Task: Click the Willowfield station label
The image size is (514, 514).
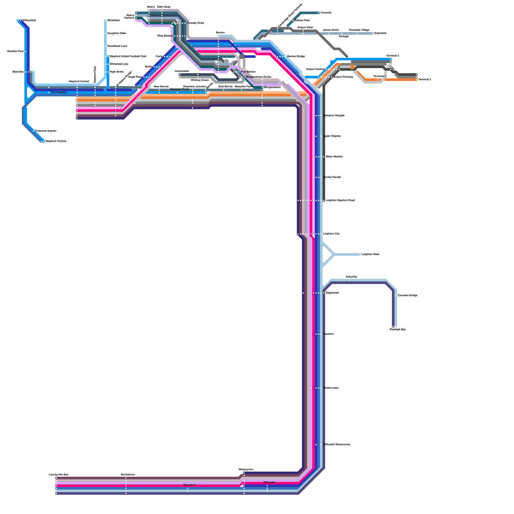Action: pyautogui.click(x=29, y=21)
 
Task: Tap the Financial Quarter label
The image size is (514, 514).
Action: pyautogui.click(x=46, y=131)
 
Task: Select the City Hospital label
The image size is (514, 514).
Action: pyautogui.click(x=59, y=93)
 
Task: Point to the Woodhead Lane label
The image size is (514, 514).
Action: pyautogui.click(x=117, y=46)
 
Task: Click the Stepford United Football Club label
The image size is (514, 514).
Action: pyautogui.click(x=128, y=57)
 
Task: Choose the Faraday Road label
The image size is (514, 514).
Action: pyautogui.click(x=195, y=23)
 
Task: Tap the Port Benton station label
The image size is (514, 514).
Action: pyautogui.click(x=248, y=72)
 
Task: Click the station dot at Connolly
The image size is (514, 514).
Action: pyautogui.click(x=319, y=13)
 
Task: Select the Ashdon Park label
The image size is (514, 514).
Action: pyautogui.click(x=302, y=21)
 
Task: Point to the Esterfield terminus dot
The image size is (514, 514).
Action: pyautogui.click(x=373, y=33)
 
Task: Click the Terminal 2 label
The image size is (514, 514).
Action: pyautogui.click(x=393, y=56)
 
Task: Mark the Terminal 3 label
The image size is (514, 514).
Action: pyautogui.click(x=424, y=80)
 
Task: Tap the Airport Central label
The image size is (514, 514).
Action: pyautogui.click(x=315, y=69)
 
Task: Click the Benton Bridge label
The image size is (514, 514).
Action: pyautogui.click(x=296, y=57)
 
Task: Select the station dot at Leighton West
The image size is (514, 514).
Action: pyautogui.click(x=360, y=254)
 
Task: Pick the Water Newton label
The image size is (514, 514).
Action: pyautogui.click(x=334, y=157)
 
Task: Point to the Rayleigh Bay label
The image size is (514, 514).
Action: pyautogui.click(x=398, y=330)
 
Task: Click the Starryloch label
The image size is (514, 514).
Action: pyautogui.click(x=190, y=485)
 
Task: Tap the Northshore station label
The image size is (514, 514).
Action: pyautogui.click(x=128, y=475)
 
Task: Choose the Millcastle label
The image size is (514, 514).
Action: pyautogui.click(x=269, y=483)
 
